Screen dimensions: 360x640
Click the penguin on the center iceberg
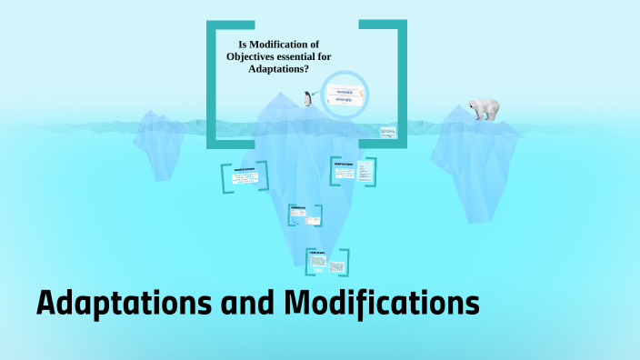click(x=309, y=99)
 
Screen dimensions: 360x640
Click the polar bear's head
click(x=474, y=105)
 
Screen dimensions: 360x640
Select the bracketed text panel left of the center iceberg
click(x=244, y=177)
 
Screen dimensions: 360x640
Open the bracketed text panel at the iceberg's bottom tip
click(x=327, y=262)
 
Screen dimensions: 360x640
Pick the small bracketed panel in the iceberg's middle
click(x=305, y=215)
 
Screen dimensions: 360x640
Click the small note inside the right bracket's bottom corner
click(x=387, y=132)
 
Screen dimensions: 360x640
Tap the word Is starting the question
click(x=243, y=44)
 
